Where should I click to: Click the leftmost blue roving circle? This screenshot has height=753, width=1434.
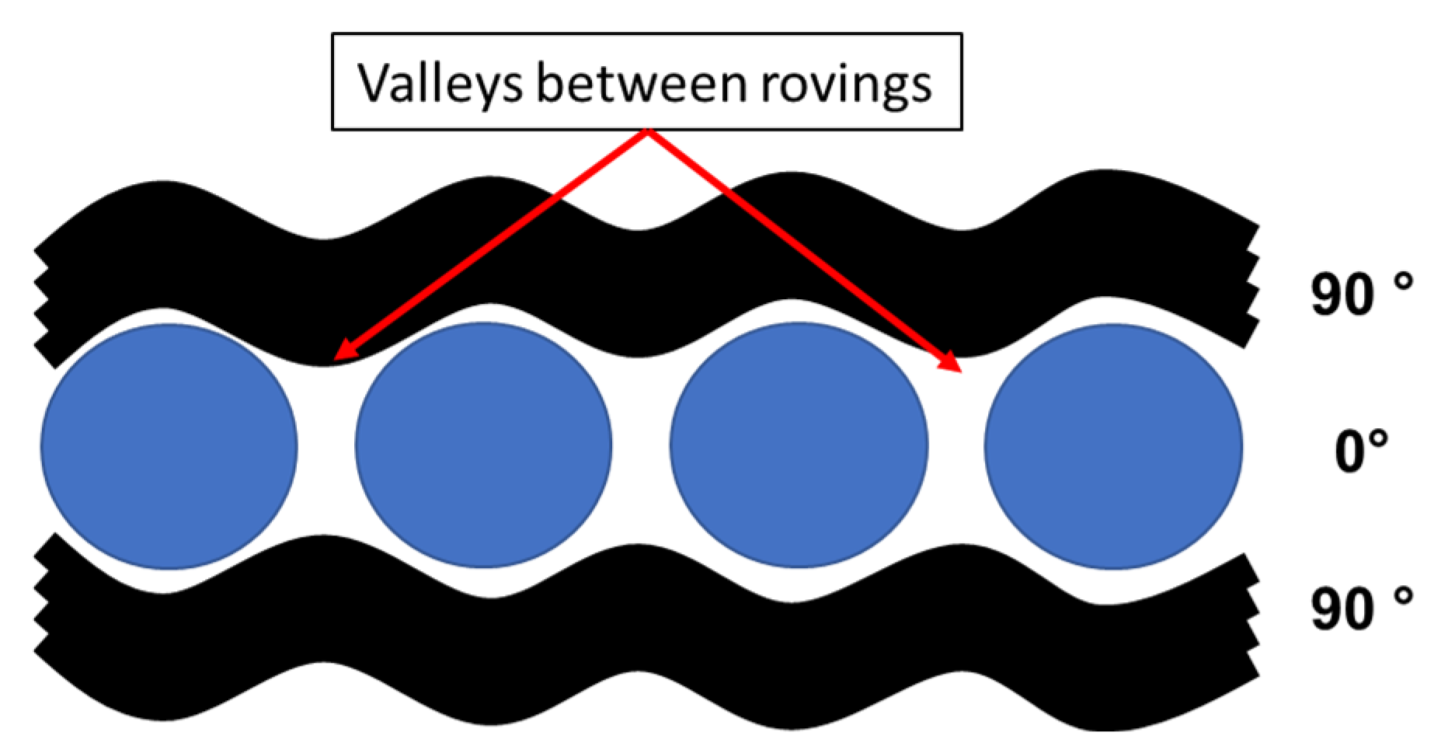[169, 446]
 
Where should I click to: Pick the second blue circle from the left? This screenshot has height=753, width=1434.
[483, 445]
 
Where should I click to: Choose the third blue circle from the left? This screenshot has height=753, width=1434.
[799, 445]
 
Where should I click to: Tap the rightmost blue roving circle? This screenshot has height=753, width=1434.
[1113, 446]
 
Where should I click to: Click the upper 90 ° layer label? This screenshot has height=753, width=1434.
[1359, 294]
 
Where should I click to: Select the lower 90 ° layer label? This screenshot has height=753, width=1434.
[1359, 608]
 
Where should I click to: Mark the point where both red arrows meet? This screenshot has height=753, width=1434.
[647, 132]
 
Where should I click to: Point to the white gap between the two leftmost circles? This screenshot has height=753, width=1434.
[326, 446]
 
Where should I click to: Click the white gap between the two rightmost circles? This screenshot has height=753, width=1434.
[956, 446]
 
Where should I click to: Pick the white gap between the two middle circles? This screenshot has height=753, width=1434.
[641, 446]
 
